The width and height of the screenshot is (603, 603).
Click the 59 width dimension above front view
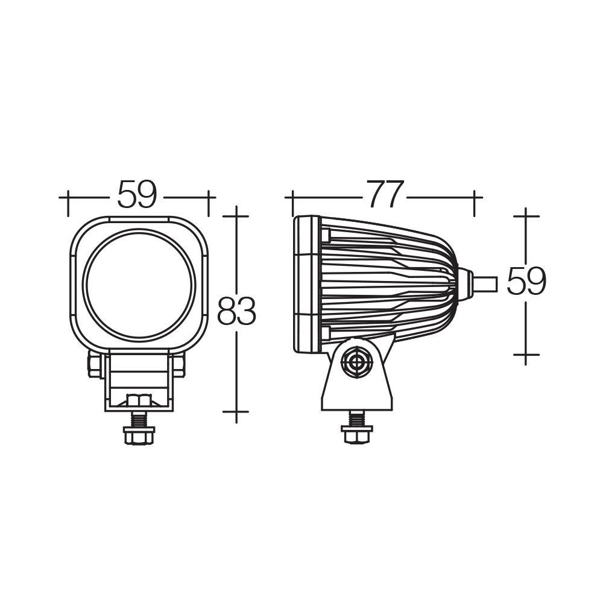(137, 195)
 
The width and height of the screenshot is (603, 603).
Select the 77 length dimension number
(385, 195)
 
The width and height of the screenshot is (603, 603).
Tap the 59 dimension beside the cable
(526, 281)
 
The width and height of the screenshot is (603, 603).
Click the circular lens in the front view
(140, 283)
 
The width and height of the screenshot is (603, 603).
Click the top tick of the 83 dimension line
(236, 214)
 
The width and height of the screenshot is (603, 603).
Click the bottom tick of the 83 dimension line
(236, 412)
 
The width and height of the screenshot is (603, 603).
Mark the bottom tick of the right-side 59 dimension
(526, 355)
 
